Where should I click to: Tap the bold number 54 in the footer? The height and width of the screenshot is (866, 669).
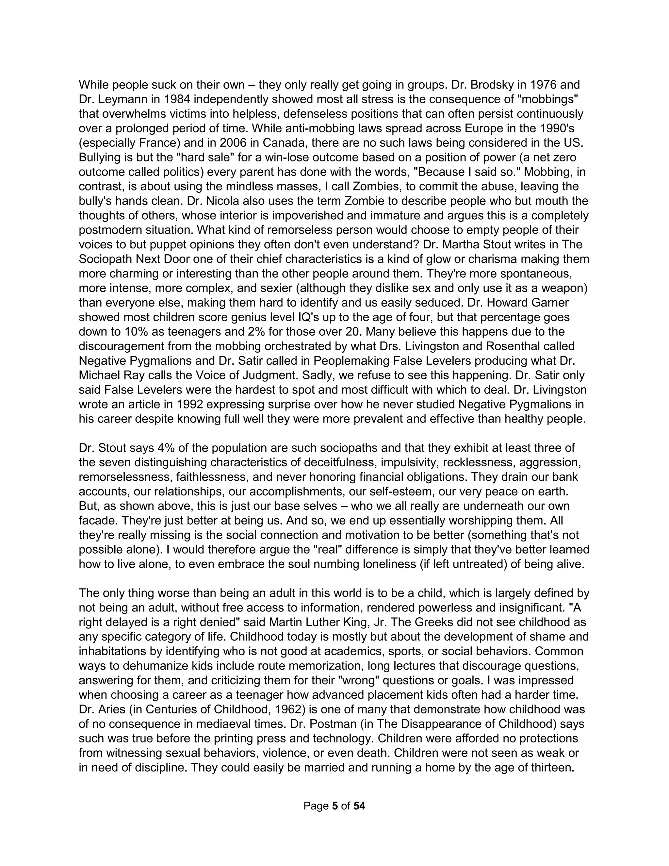[x=359, y=806]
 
